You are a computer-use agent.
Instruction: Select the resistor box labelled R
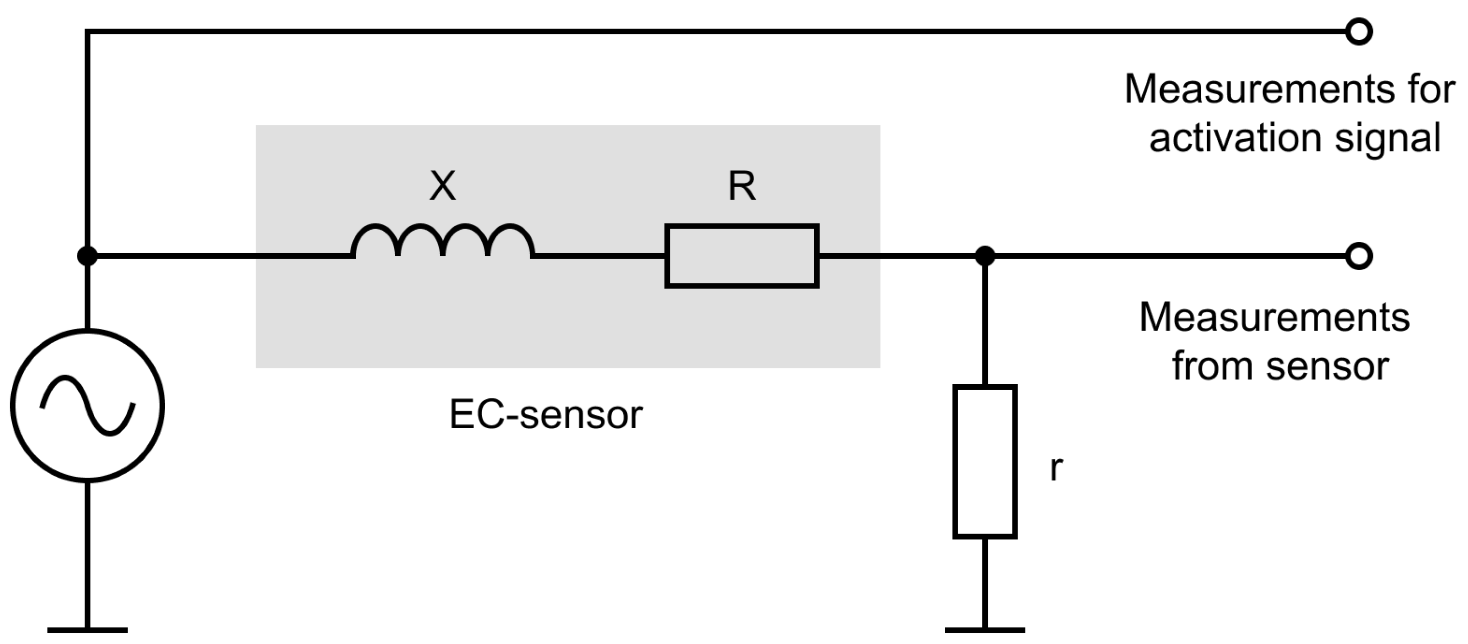[741, 256]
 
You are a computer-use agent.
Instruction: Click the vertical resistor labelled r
[985, 461]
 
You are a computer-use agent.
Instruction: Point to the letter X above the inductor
[443, 186]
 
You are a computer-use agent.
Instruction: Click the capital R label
[742, 186]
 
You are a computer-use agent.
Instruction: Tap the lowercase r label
[1056, 469]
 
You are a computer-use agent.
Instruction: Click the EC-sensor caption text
[546, 414]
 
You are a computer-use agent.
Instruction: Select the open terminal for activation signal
[1359, 31]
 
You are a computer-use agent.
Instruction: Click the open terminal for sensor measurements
[1359, 256]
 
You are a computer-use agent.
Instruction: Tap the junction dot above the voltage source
[87, 256]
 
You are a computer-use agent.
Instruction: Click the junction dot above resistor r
[985, 256]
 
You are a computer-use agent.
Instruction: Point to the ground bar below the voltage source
[87, 630]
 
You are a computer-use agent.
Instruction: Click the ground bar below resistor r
[985, 630]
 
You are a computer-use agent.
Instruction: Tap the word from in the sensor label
[1211, 366]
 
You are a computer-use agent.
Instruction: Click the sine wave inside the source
[87, 406]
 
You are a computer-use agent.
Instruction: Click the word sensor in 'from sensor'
[1327, 366]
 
